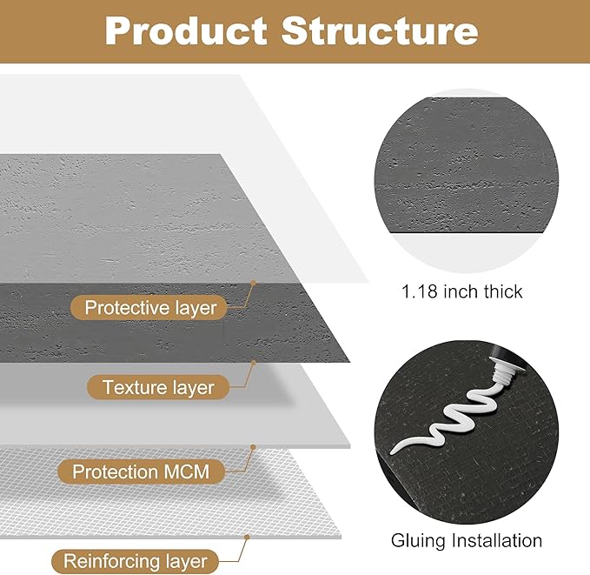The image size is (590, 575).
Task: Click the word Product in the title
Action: point(184,31)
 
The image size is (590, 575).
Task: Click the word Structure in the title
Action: point(380,31)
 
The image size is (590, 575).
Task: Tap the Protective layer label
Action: point(150,307)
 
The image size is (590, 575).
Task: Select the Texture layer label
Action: point(158,387)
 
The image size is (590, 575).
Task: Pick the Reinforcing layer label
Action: point(135,561)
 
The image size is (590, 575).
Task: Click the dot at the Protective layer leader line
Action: point(253,283)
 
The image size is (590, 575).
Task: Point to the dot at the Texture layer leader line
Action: point(253,363)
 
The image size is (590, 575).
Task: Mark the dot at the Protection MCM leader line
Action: point(253,447)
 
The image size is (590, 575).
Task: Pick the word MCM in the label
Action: point(198,471)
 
